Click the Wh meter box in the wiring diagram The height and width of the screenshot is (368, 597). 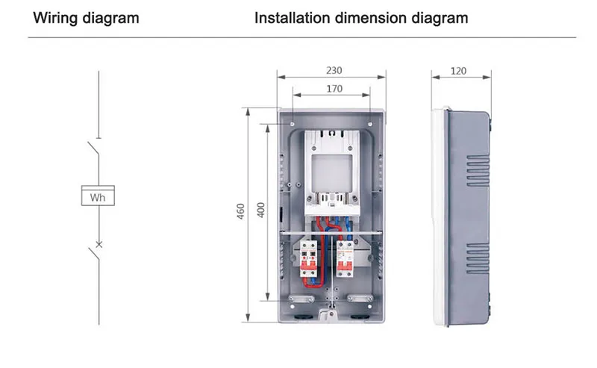[98, 196]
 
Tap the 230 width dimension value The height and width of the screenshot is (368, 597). [334, 70]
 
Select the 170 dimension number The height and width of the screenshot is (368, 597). [334, 89]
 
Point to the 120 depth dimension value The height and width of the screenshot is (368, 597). [458, 71]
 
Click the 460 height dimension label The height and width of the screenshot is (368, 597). [240, 211]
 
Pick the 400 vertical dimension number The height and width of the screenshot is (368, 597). [260, 210]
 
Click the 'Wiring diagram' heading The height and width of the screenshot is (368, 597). [86, 18]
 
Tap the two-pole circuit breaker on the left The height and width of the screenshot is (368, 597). [308, 258]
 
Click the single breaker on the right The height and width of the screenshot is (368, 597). [345, 259]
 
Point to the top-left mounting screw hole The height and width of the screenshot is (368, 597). [293, 124]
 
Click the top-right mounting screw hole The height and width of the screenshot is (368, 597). [370, 124]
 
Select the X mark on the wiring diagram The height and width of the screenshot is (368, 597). [99, 244]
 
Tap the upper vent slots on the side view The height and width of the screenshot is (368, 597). [478, 170]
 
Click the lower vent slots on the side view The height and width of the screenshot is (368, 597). [478, 258]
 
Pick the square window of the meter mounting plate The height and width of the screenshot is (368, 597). [331, 172]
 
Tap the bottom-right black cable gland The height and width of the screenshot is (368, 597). [360, 316]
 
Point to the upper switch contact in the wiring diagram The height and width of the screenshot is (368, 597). [94, 149]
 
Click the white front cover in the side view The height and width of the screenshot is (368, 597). [439, 217]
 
